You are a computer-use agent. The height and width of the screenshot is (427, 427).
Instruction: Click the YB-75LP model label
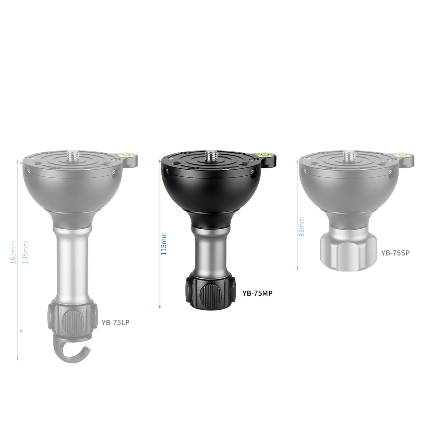click(x=116, y=322)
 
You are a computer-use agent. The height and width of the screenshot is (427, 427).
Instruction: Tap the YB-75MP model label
click(x=257, y=293)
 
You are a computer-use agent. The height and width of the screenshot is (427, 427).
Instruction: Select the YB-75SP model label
click(x=396, y=253)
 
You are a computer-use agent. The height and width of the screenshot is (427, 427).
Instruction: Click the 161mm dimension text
click(x=13, y=253)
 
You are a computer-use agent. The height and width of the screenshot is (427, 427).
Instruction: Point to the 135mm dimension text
click(x=25, y=253)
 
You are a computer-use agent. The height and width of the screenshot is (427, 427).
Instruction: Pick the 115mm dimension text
click(x=163, y=244)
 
